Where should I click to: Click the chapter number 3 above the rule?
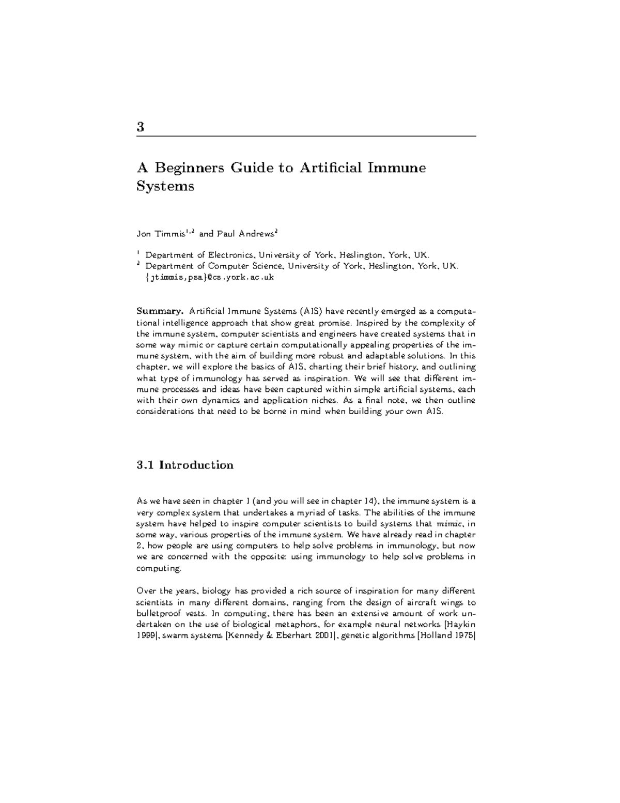140,127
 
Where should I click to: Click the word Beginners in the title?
190,169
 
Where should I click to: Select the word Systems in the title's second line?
165,186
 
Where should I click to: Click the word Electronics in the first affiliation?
231,255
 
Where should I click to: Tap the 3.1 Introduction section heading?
185,465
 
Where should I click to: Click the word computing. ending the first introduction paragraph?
159,568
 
